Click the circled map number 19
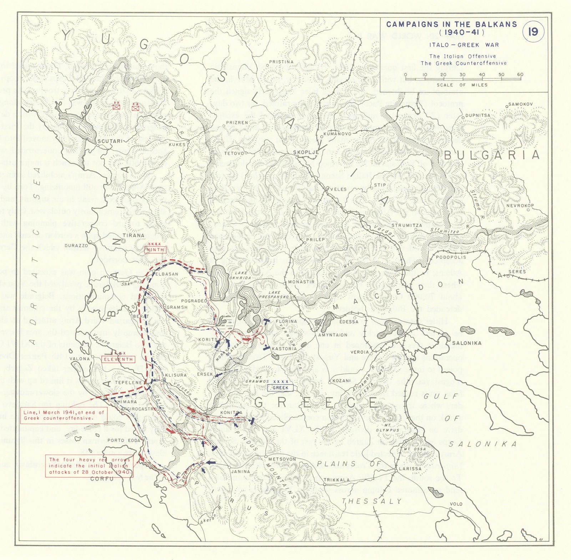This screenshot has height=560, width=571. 533,32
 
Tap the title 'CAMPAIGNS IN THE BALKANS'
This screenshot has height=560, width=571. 451,24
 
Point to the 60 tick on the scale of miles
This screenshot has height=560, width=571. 520,75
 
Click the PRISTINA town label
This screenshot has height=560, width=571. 281,62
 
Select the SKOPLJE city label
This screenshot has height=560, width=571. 306,152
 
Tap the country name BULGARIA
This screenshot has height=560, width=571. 491,155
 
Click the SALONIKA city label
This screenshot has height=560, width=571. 467,343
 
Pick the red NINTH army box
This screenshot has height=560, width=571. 156,250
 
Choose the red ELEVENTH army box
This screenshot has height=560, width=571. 118,359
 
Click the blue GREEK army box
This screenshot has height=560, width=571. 281,388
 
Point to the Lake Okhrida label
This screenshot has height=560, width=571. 241,275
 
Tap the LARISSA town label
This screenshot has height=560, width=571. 410,469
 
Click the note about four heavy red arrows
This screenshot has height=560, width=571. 89,466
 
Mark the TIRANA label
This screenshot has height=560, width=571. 133,236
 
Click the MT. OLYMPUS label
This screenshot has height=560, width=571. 387,428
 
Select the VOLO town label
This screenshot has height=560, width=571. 456,504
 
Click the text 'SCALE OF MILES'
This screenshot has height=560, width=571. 462,85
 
